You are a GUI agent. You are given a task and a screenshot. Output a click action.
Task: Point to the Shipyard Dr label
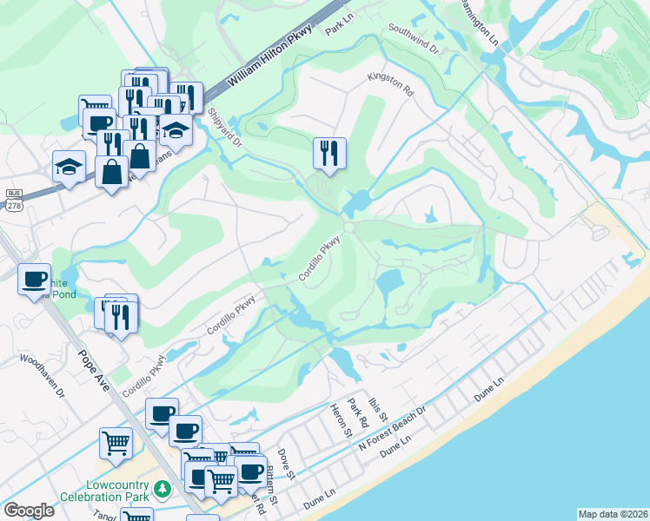point(224,130)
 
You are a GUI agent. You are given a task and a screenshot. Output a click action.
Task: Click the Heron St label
point(340,419)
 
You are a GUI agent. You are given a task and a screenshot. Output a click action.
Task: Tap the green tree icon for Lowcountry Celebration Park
point(162,491)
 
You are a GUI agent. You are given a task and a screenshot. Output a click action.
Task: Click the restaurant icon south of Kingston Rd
point(329,153)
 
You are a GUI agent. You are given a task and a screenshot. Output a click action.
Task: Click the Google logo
point(29,511)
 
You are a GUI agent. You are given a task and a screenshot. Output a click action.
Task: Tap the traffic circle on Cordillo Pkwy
point(348,227)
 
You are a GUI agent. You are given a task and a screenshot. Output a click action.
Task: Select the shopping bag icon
point(112,172)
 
